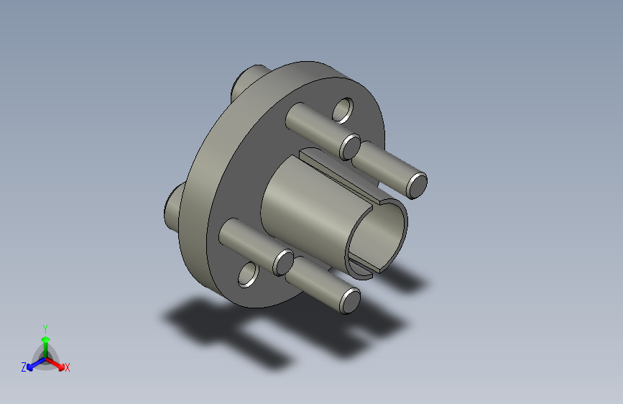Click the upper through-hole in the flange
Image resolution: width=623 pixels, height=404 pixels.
pyautogui.click(x=343, y=110)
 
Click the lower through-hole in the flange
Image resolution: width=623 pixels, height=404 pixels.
pyautogui.click(x=248, y=274)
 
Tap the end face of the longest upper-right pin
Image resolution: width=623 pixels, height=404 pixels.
pyautogui.click(x=416, y=185)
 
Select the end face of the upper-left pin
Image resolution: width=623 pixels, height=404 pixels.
pyautogui.click(x=350, y=146)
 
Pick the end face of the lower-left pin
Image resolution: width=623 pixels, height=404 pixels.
pyautogui.click(x=282, y=262)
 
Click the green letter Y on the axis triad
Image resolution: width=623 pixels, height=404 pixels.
pyautogui.click(x=45, y=327)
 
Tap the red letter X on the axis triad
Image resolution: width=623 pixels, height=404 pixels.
pyautogui.click(x=68, y=367)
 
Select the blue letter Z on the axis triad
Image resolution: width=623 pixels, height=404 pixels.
pyautogui.click(x=24, y=367)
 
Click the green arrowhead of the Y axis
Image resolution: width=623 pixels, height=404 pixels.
pyautogui.click(x=45, y=338)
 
